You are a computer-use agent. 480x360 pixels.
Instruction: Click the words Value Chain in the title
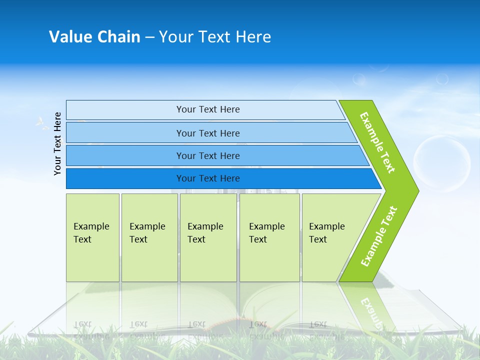pyautogui.click(x=94, y=36)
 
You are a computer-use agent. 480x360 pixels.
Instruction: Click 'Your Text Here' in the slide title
pyautogui.click(x=215, y=36)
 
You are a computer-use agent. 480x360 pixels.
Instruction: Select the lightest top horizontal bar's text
pyautogui.click(x=208, y=109)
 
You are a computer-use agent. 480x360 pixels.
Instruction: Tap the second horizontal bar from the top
pyautogui.click(x=208, y=133)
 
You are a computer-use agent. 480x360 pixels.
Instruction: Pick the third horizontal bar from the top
pyautogui.click(x=208, y=155)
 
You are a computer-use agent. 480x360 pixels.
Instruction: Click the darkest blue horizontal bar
pyautogui.click(x=208, y=178)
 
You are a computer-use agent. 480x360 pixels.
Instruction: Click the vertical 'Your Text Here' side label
pyautogui.click(x=57, y=143)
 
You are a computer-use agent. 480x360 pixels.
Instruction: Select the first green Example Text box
pyautogui.click(x=92, y=237)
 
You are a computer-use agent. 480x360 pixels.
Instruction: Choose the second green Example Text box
pyautogui.click(x=149, y=237)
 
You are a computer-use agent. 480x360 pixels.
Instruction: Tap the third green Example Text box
pyautogui.click(x=207, y=237)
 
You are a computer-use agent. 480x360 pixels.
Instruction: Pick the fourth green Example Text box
pyautogui.click(x=269, y=237)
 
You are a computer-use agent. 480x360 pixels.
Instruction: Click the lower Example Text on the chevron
pyautogui.click(x=379, y=236)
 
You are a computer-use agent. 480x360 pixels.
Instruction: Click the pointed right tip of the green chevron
pyautogui.click(x=416, y=190)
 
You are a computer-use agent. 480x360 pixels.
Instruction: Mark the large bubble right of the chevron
pyautogui.click(x=442, y=164)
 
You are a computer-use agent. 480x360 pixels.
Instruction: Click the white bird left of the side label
pyautogui.click(x=40, y=122)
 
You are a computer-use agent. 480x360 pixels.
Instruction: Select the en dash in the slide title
pyautogui.click(x=149, y=37)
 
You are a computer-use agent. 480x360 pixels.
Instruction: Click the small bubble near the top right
pyautogui.click(x=442, y=78)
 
